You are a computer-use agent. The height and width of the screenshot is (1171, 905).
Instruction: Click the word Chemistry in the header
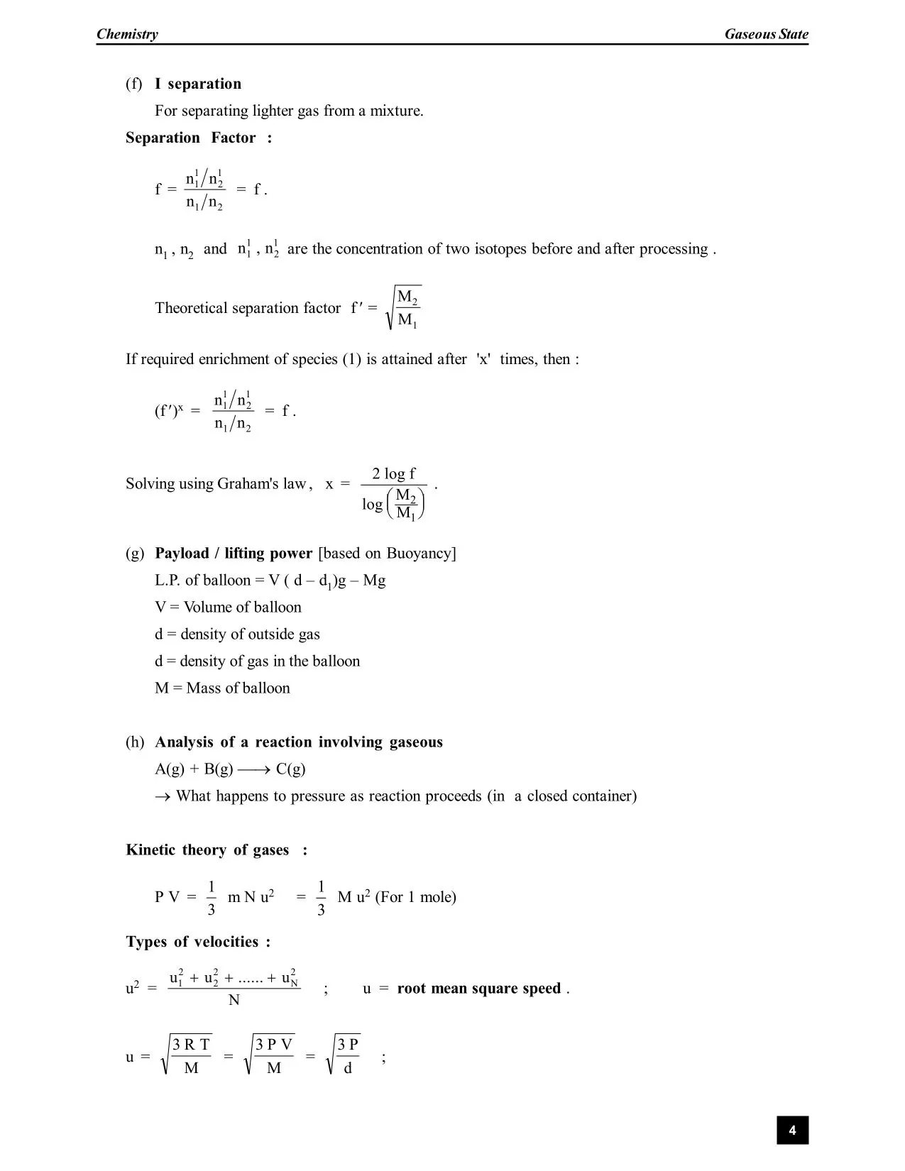coord(127,34)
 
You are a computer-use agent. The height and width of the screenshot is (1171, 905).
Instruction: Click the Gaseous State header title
coord(766,34)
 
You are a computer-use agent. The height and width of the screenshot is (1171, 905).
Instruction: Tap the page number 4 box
coord(792,1130)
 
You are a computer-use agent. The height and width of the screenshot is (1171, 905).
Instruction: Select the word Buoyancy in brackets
coord(419,554)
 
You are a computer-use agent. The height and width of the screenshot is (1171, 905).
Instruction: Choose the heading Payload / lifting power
coord(234,554)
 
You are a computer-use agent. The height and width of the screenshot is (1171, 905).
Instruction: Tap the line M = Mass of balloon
coord(222,688)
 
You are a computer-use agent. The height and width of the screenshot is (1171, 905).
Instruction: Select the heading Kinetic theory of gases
coord(207,850)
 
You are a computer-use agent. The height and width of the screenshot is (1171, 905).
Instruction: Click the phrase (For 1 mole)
coord(415,897)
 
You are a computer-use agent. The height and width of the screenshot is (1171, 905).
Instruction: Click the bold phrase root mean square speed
coord(479,989)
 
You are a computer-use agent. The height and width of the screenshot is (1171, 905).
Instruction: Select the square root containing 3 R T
coord(187,1055)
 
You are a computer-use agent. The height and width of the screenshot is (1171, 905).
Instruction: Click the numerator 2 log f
coord(394,473)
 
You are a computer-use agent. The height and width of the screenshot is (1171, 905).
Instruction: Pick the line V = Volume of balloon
coord(228,608)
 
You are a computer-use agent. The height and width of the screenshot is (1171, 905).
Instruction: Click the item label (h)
coord(135,742)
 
